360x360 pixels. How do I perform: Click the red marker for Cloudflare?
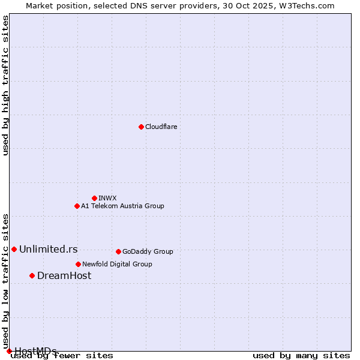tap(141, 127)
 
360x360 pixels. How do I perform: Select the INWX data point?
tap(94, 198)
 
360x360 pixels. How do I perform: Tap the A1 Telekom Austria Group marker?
tap(77, 206)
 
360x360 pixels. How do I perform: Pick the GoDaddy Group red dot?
tap(118, 251)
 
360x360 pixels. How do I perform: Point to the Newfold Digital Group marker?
tap(78, 264)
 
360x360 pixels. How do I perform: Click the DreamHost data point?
tap(32, 275)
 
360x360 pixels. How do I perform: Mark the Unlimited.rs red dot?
tap(14, 249)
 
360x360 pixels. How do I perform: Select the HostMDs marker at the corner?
tap(9, 351)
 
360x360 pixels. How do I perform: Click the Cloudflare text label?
tap(161, 127)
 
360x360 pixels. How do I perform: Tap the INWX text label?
tap(107, 198)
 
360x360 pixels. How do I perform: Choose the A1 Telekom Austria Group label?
tap(122, 206)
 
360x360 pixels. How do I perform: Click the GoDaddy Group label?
tap(148, 251)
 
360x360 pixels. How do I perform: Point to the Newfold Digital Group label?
tap(117, 264)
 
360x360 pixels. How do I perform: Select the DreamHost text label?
tap(64, 275)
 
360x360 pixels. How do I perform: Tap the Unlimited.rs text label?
tap(48, 249)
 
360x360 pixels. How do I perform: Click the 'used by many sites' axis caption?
tap(301, 356)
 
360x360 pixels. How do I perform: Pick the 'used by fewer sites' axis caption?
tap(62, 356)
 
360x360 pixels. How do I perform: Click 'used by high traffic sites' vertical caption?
tap(6, 85)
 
